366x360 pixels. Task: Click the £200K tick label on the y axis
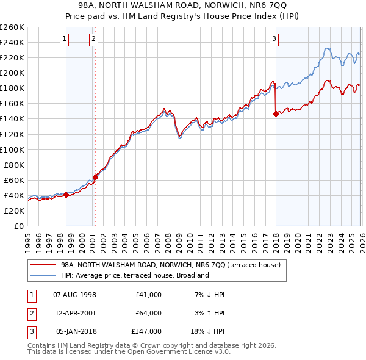(x=12, y=73)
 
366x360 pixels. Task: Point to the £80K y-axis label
(x=13, y=165)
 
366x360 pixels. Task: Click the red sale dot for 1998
(x=66, y=195)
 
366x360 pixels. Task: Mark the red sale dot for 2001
(x=95, y=177)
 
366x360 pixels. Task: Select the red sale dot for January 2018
(x=276, y=113)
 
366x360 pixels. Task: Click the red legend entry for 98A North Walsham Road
(x=170, y=265)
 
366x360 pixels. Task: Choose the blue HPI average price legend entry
(x=135, y=275)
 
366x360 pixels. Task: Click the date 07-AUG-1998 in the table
(x=75, y=294)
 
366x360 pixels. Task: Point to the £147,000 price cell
(x=146, y=332)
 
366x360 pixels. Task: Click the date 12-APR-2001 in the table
(x=75, y=313)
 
